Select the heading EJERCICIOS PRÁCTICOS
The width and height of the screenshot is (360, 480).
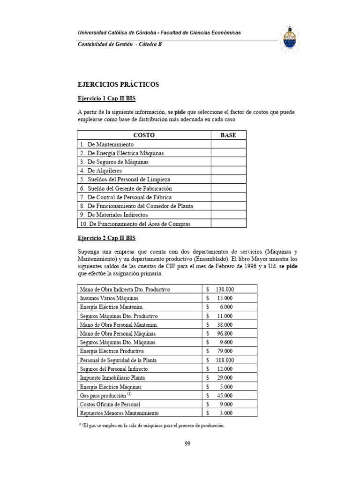point(118,85)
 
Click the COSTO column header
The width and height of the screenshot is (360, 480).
point(144,135)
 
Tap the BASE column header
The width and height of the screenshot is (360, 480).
point(228,135)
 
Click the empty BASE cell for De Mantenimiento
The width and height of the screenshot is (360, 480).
point(228,144)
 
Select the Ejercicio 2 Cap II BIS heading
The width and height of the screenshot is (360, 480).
point(106,239)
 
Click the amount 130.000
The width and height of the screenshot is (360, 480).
point(225,289)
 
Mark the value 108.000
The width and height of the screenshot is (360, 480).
point(225,360)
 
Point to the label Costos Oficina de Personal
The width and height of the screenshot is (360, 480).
point(110,404)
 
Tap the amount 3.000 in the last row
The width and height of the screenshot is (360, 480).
point(227,413)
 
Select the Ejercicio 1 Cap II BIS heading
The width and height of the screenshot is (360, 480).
point(106,99)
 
